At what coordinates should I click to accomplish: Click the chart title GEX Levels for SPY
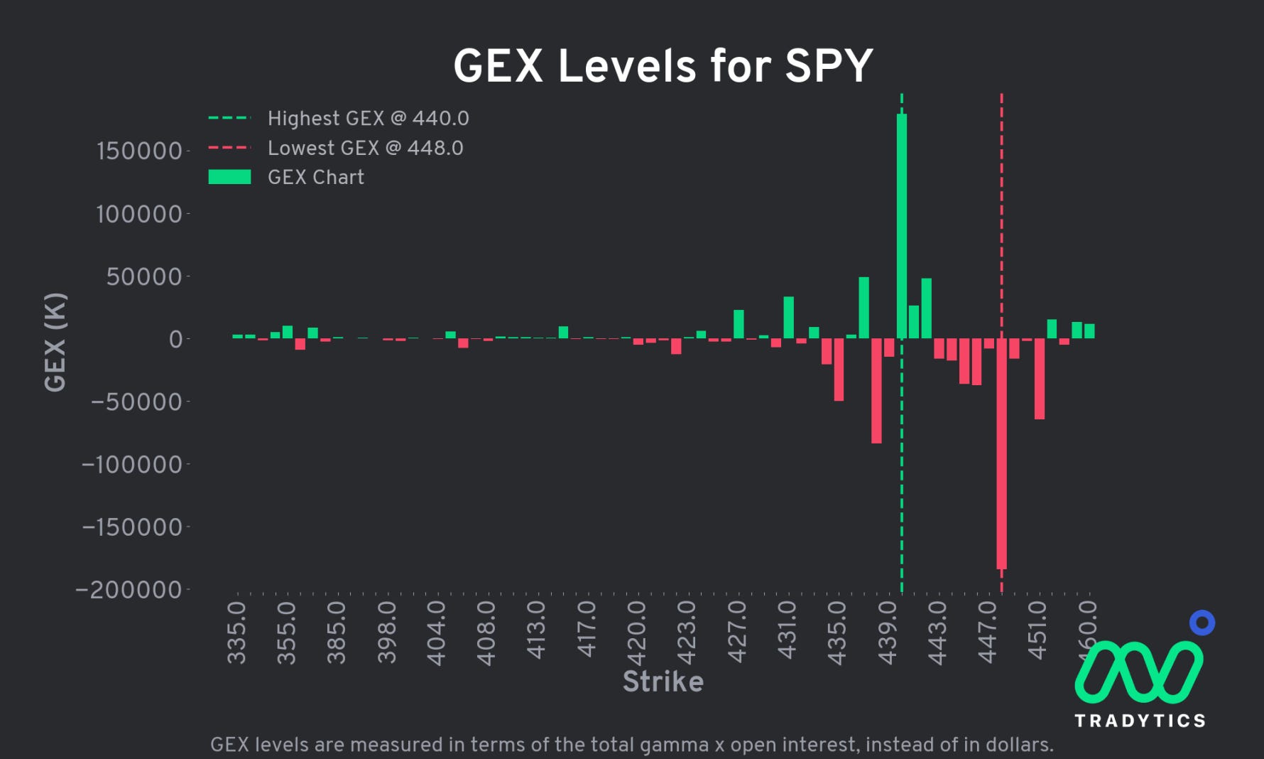coord(663,67)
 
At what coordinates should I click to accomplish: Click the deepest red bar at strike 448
coord(1001,455)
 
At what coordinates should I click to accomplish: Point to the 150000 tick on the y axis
coord(139,151)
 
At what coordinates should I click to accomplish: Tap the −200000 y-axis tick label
coord(129,590)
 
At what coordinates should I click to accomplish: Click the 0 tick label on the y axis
coord(175,339)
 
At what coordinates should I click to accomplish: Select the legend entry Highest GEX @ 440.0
coord(368,119)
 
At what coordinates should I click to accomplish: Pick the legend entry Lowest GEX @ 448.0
coord(365,149)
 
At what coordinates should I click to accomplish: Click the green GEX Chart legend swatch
coord(229,177)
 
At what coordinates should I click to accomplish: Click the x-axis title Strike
coord(663,682)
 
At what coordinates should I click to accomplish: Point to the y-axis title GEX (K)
coord(55,342)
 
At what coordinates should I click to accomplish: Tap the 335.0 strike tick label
coord(236,632)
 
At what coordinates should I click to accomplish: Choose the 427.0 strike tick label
coord(738,632)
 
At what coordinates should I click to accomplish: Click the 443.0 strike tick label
coord(938,632)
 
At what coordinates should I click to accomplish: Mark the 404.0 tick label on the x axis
coord(437,632)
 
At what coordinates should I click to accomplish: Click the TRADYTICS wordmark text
coord(1140,721)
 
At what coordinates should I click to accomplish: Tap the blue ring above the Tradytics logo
coord(1202,623)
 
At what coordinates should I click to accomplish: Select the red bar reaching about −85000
coord(876,391)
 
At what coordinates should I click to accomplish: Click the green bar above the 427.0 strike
coord(739,324)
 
